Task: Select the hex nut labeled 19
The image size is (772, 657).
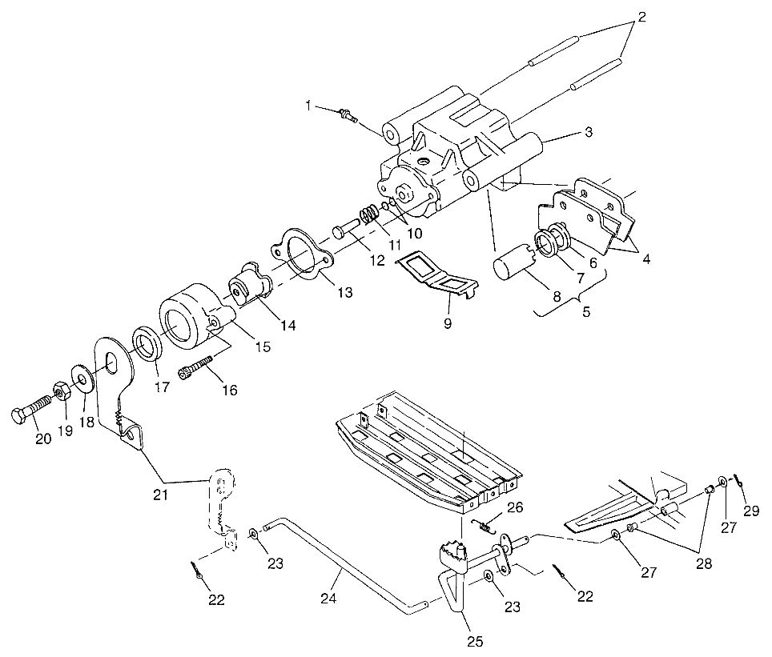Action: click(61, 391)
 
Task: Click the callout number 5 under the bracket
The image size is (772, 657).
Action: click(586, 312)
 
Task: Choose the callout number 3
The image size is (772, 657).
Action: click(589, 133)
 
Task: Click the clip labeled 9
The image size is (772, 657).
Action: click(440, 272)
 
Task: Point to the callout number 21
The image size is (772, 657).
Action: click(161, 495)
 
